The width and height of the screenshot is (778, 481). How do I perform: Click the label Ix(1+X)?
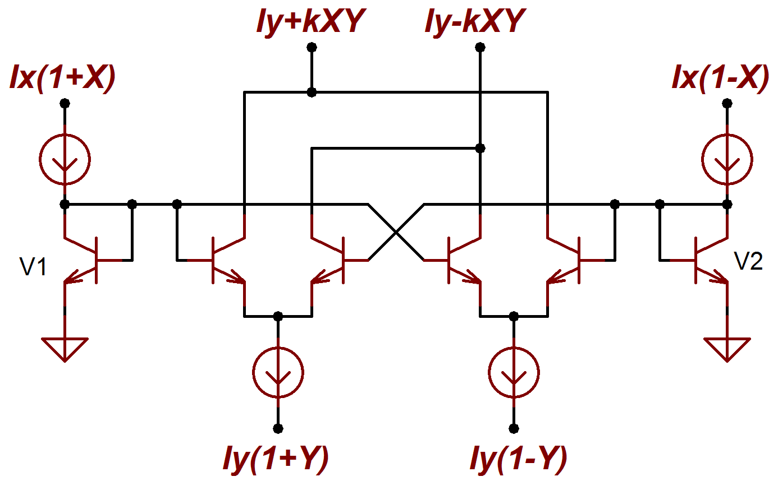coord(62,78)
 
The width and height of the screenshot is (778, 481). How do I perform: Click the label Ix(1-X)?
coord(720,78)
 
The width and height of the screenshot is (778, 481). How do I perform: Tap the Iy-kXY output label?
coord(476,23)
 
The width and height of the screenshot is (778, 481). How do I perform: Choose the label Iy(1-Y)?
coord(518,460)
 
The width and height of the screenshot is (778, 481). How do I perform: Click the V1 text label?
coord(33,267)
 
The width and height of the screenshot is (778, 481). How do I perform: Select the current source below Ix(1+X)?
coord(65,160)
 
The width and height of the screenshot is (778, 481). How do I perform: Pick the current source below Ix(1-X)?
coord(727,160)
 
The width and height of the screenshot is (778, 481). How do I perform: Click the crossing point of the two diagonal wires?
coord(396,232)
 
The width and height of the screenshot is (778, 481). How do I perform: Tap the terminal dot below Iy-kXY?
coord(480,47)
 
